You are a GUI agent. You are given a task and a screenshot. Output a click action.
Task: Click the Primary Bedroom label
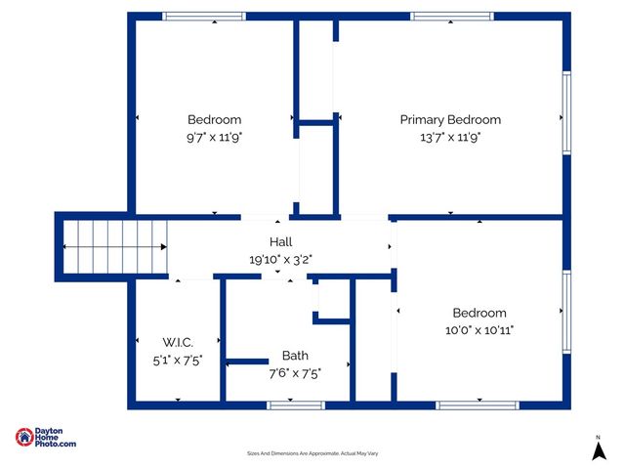(x=450, y=120)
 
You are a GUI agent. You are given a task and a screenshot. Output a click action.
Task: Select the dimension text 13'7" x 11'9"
(x=450, y=138)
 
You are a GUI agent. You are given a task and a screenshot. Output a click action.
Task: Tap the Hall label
(x=280, y=241)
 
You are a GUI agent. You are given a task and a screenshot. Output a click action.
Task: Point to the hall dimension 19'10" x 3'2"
(x=280, y=259)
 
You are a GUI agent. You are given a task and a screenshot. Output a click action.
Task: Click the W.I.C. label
(x=178, y=342)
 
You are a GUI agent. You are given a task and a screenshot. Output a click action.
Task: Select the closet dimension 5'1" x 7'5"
(x=178, y=360)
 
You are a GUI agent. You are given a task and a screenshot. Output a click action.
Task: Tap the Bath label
(x=295, y=356)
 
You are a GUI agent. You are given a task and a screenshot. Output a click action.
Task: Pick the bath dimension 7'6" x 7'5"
(x=295, y=372)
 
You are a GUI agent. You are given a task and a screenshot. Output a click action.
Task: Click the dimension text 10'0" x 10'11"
(x=479, y=330)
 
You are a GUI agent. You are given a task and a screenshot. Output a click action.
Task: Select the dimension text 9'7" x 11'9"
(x=214, y=138)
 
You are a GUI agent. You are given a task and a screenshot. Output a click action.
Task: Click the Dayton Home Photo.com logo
(x=46, y=439)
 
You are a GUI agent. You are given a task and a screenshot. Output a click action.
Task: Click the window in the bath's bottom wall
(x=282, y=405)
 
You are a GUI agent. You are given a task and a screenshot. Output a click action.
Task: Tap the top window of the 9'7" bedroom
(x=203, y=17)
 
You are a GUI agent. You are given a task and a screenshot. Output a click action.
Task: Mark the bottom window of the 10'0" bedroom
(x=477, y=405)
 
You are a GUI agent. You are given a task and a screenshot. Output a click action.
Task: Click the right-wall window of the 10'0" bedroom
(x=566, y=310)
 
